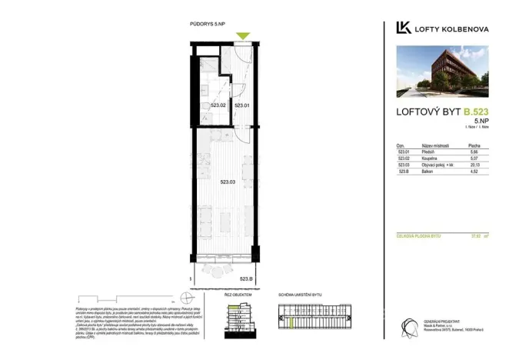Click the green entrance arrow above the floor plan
coord(243,36)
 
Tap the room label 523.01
coord(241,105)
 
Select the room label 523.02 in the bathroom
coord(218,105)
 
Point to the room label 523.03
coord(228,182)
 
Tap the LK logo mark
coord(402,28)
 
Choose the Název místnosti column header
coord(435,145)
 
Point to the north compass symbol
coord(185,298)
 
